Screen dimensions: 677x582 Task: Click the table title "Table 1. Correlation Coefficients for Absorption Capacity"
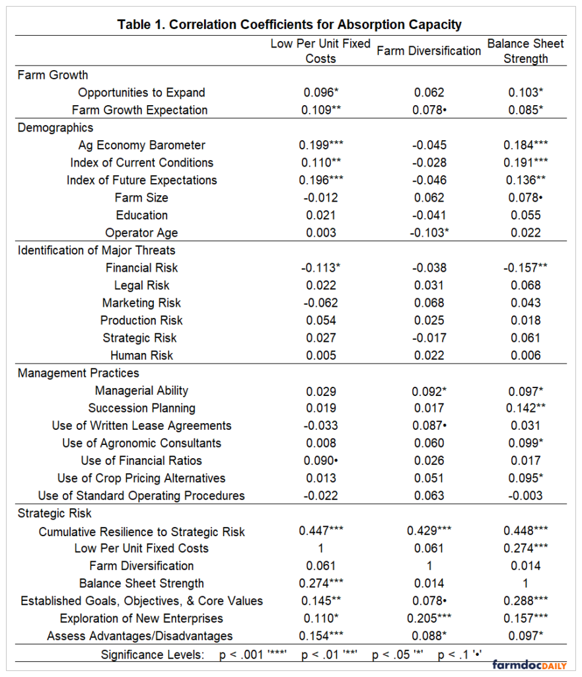289,24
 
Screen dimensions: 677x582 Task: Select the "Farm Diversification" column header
429,51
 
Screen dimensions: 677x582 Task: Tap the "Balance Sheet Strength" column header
526,51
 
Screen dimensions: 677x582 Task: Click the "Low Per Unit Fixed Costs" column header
320,51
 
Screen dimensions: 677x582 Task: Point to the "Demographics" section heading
55,128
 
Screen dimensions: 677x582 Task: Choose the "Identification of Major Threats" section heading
96,250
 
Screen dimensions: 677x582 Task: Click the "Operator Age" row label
141,233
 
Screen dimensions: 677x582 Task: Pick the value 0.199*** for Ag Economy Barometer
321,145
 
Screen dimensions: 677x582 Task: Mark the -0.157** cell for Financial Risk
526,268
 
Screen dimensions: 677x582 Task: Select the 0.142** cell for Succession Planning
526,408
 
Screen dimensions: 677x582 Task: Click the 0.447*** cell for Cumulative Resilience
321,531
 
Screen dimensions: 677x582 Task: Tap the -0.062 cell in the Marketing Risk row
321,303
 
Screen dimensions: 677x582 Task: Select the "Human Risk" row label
141,355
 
